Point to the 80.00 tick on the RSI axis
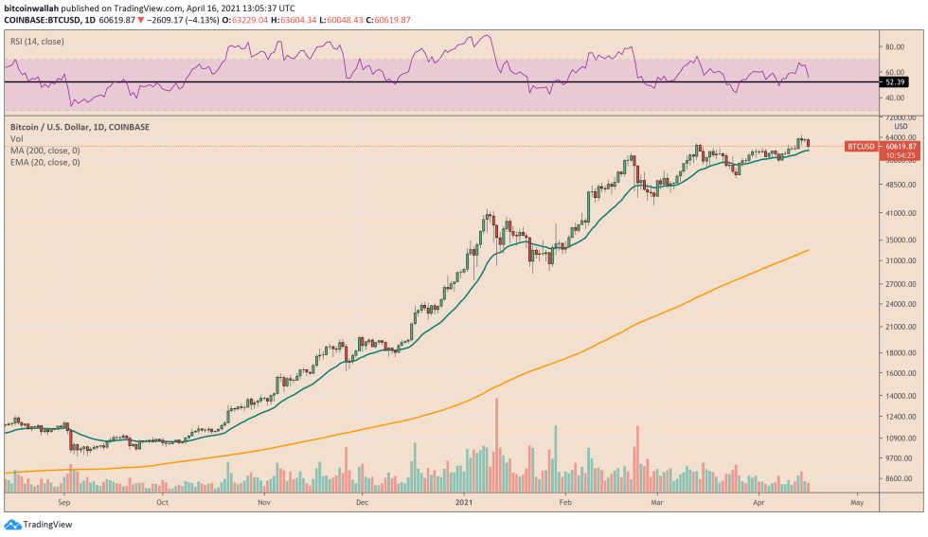click(895, 45)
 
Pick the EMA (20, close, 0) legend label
click(45, 162)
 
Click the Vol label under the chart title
click(16, 139)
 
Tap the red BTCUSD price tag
click(861, 147)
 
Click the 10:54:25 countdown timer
click(901, 155)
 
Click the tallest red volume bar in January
click(496, 445)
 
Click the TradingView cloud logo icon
click(12, 524)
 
